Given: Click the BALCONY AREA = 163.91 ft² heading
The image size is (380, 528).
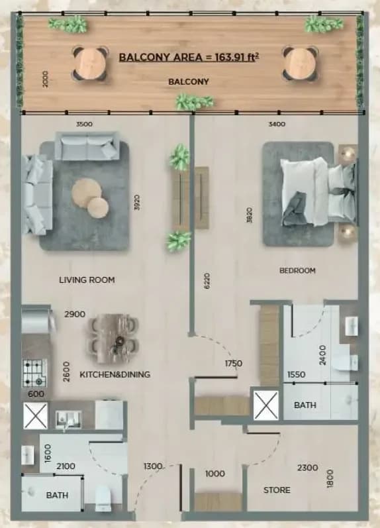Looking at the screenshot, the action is (189, 57).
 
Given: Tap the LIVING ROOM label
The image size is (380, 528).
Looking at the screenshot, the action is (87, 280).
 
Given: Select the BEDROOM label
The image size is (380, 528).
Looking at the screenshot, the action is (297, 270).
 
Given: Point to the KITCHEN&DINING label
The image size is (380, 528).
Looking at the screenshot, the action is (115, 374).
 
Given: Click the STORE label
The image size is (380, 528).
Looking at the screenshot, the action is (277, 490).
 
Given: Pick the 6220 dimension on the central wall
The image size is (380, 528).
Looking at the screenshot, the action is (207, 280).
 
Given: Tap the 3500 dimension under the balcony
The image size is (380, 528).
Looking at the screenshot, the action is (84, 125).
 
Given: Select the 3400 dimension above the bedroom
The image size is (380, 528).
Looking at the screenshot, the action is (277, 125).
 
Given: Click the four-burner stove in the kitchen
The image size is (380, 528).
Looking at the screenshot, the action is (34, 373).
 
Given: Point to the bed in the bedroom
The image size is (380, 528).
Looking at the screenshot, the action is (318, 191).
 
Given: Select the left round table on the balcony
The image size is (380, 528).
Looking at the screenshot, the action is (90, 64).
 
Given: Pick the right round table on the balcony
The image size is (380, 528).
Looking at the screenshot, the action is (301, 64).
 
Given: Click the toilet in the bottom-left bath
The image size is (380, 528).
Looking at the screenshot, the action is (103, 498).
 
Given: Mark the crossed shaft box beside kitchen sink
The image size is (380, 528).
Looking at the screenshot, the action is (35, 416).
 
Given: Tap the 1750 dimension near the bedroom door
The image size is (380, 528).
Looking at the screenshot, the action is (234, 364).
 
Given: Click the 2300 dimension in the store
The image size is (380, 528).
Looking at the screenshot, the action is (308, 468).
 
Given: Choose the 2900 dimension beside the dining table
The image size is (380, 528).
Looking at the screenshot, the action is (75, 314).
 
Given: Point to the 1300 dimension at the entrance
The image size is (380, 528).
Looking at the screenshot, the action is (153, 466).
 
